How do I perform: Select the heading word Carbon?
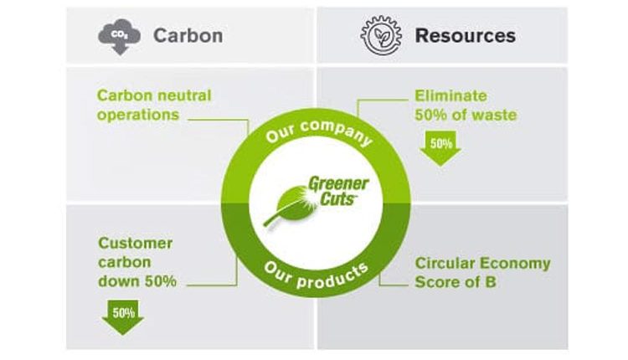188,36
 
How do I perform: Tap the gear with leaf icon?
381,35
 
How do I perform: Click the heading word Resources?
465,36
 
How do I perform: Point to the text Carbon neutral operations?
154,105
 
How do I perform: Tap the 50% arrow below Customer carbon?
123,316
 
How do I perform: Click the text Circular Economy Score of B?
482,273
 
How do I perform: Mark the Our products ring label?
315,269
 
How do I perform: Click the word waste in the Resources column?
493,115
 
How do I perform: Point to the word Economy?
517,264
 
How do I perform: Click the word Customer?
136,244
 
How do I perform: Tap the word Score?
436,282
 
